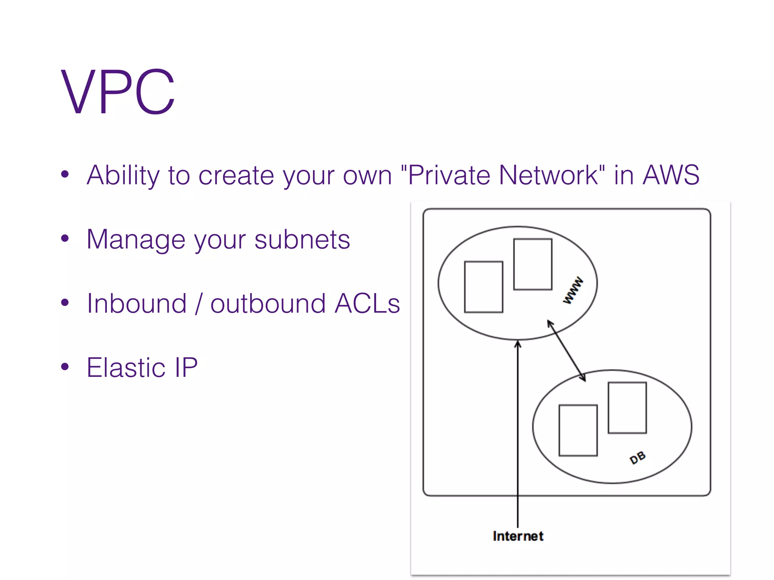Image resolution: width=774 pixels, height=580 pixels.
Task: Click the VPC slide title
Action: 118,91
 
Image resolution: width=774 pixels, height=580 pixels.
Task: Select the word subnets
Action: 302,239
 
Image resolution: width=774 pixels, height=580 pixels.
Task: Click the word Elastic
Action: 126,367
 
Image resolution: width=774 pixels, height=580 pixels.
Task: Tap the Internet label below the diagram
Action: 518,536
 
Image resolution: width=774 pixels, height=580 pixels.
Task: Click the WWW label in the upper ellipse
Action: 573,290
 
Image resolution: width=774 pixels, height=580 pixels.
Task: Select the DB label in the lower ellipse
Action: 638,458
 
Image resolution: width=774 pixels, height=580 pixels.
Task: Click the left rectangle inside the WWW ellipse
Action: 483,287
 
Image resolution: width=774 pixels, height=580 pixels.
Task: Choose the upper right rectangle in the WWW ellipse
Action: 533,264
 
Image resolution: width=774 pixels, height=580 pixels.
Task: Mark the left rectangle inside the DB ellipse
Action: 578,430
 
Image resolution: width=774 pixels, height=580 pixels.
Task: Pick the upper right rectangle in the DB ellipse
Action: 627,408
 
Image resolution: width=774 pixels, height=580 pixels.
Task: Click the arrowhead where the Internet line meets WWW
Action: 518,343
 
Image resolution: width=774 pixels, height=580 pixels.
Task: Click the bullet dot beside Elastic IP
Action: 65,367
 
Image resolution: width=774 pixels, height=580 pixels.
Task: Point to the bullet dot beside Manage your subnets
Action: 65,238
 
